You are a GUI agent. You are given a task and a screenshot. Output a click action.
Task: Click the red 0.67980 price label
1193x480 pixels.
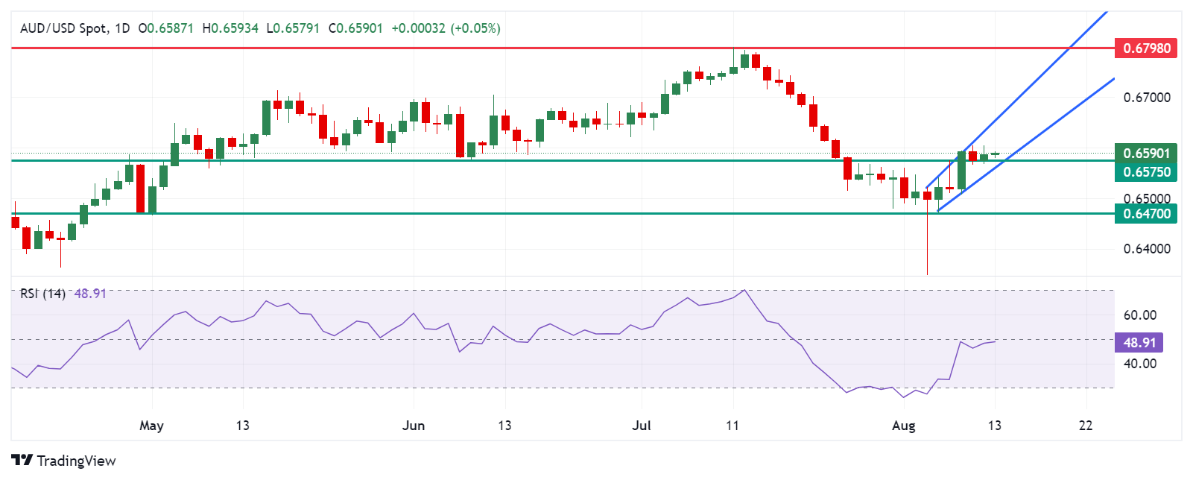(1146, 48)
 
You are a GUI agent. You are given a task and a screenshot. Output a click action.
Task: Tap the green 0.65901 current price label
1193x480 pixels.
(1146, 154)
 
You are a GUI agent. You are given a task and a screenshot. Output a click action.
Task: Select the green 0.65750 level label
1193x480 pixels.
(1146, 172)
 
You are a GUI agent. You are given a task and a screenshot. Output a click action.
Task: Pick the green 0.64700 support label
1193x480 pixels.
(1146, 214)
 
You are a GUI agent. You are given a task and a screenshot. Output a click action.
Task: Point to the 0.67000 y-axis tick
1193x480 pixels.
(1146, 98)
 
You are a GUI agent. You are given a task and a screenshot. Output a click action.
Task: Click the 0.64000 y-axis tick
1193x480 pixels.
(1146, 249)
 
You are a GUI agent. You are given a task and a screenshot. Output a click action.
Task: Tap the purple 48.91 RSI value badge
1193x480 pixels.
(1139, 343)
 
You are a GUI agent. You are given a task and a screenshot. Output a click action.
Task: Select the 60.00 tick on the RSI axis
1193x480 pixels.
(1139, 315)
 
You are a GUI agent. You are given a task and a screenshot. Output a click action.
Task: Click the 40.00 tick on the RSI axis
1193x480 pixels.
(1139, 364)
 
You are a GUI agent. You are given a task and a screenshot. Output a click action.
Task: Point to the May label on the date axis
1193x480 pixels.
(151, 426)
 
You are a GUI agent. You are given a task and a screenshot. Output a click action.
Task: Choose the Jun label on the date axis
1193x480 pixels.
(413, 426)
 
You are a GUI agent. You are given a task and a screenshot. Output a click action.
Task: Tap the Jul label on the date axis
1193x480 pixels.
(641, 426)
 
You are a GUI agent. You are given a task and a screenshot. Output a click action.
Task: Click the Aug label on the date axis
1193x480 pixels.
(903, 426)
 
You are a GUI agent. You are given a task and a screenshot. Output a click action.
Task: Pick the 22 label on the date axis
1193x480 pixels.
(1086, 426)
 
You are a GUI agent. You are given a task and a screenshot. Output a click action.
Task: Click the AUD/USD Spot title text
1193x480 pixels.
(63, 28)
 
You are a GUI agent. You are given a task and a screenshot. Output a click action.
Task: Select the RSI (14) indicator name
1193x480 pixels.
(42, 294)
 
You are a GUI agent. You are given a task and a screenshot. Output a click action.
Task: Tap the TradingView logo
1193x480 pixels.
(63, 461)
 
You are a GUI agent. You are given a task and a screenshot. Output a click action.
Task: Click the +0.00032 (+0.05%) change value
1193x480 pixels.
(446, 28)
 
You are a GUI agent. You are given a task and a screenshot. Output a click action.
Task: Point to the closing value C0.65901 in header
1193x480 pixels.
(355, 28)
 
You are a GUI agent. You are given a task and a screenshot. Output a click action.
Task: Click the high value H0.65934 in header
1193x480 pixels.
(230, 28)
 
